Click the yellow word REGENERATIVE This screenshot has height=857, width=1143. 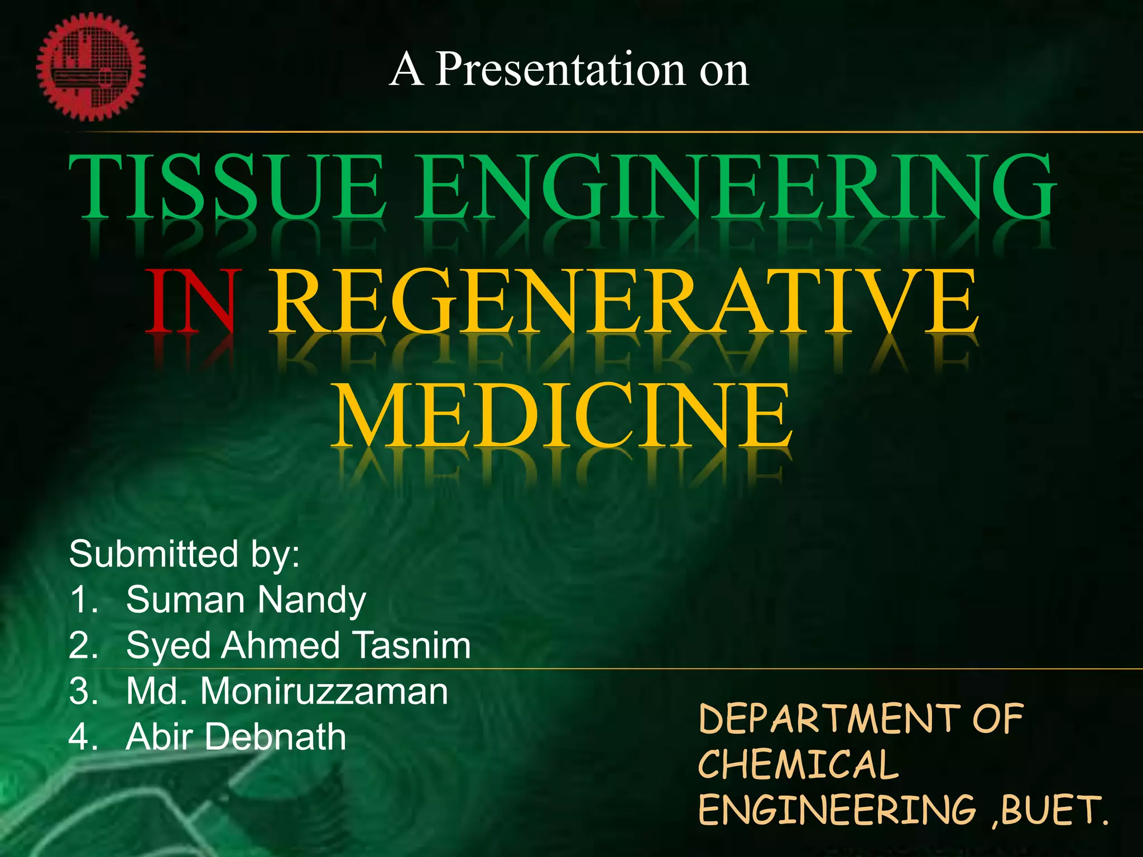point(624,302)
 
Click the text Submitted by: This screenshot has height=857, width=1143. point(184,554)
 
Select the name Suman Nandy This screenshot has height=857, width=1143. point(246,600)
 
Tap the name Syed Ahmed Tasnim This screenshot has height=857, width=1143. point(299,646)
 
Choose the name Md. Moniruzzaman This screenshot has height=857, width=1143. point(287,691)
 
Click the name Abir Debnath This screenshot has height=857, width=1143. point(236,737)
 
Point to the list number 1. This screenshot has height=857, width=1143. point(83,600)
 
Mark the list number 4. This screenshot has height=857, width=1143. point(83,737)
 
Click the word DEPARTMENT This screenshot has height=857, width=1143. point(829,719)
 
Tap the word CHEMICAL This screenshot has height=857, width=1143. point(798,764)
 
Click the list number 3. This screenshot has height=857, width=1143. point(83,691)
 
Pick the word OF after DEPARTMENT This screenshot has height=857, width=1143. point(998,719)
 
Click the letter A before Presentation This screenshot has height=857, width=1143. point(406,69)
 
